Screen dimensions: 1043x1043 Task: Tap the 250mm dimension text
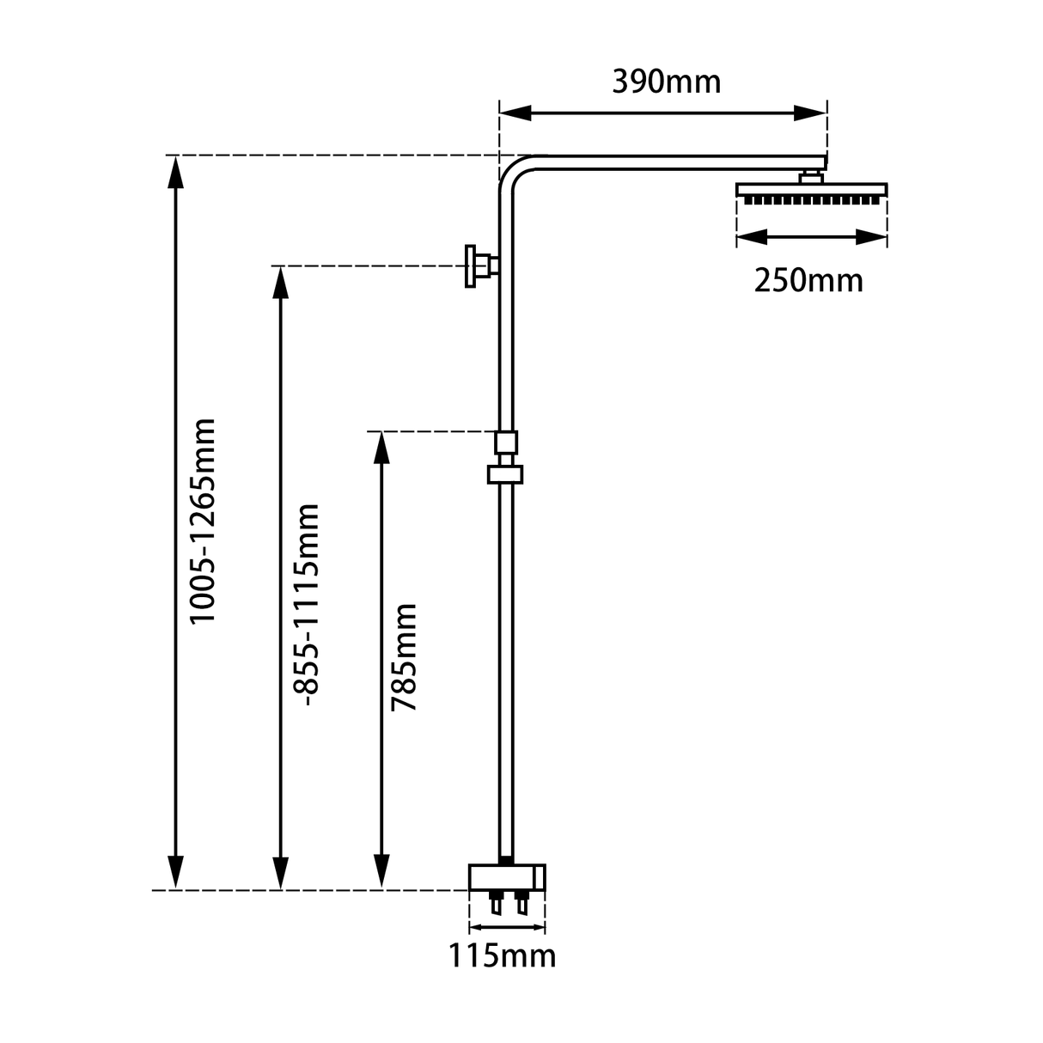pyautogui.click(x=808, y=280)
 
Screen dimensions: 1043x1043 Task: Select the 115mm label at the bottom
pyautogui.click(x=502, y=955)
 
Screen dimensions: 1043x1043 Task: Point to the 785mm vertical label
pyautogui.click(x=403, y=657)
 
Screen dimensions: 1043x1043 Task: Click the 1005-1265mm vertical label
pyautogui.click(x=204, y=521)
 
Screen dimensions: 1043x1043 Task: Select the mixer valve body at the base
pyautogui.click(x=507, y=878)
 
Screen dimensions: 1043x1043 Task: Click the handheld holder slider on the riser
pyautogui.click(x=506, y=473)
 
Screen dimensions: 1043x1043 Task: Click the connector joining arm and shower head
pyautogui.click(x=810, y=177)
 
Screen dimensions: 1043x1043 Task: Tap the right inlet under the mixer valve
pyautogui.click(x=522, y=904)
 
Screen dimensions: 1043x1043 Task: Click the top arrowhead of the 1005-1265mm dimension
pyautogui.click(x=176, y=172)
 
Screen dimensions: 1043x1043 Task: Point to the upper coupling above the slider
pyautogui.click(x=506, y=442)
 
